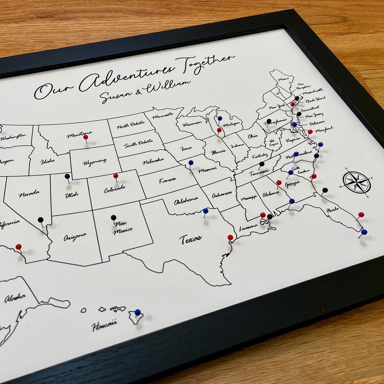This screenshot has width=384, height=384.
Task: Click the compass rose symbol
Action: click(357, 182)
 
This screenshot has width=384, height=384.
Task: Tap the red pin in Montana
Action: click(85, 137)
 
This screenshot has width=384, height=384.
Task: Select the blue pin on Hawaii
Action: click(137, 312)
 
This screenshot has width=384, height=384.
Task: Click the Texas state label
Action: click(191, 238)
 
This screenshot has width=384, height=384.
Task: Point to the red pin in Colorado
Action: click(116, 176)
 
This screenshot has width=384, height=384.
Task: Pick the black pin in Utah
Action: click(67, 176)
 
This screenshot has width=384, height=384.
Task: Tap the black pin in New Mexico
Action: click(113, 217)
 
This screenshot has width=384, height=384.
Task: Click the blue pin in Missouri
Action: click(191, 163)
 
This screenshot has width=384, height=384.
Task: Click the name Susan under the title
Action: click(116, 96)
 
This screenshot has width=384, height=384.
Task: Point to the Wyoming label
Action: click(95, 162)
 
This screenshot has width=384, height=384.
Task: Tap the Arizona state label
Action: click(74, 236)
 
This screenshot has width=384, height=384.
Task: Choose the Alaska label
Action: click(15, 299)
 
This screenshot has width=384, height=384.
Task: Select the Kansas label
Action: click(168, 180)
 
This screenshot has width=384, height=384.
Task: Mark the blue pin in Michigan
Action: click(220, 118)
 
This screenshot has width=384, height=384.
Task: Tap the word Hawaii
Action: click(105, 325)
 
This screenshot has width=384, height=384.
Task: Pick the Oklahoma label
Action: click(186, 199)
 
